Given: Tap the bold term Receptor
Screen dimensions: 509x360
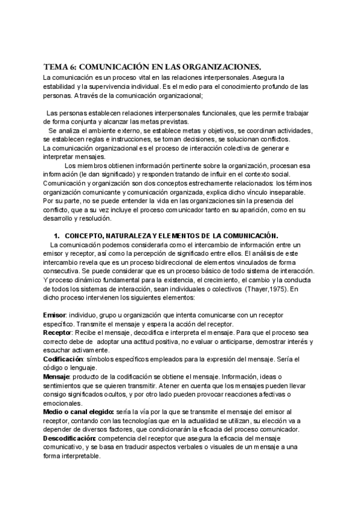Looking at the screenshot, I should click(x=57, y=332).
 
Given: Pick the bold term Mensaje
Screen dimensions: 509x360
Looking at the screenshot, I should click(x=56, y=376).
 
